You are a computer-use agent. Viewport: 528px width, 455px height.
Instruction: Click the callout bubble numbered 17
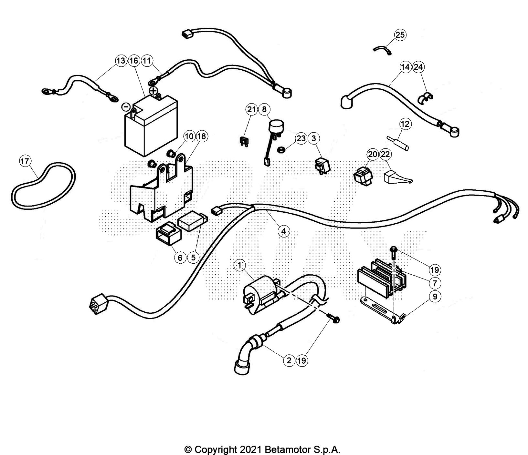point(25,161)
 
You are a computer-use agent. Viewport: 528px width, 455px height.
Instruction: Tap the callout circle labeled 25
point(400,35)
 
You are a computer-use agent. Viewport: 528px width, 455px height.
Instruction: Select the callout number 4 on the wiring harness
point(283,231)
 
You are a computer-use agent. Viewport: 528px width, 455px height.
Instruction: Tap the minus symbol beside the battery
point(127,107)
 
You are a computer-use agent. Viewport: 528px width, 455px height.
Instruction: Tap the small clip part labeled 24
point(426,97)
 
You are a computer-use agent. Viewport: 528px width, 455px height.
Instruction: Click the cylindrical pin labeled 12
point(398,143)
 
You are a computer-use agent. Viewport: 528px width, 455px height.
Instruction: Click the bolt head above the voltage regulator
point(393,250)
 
